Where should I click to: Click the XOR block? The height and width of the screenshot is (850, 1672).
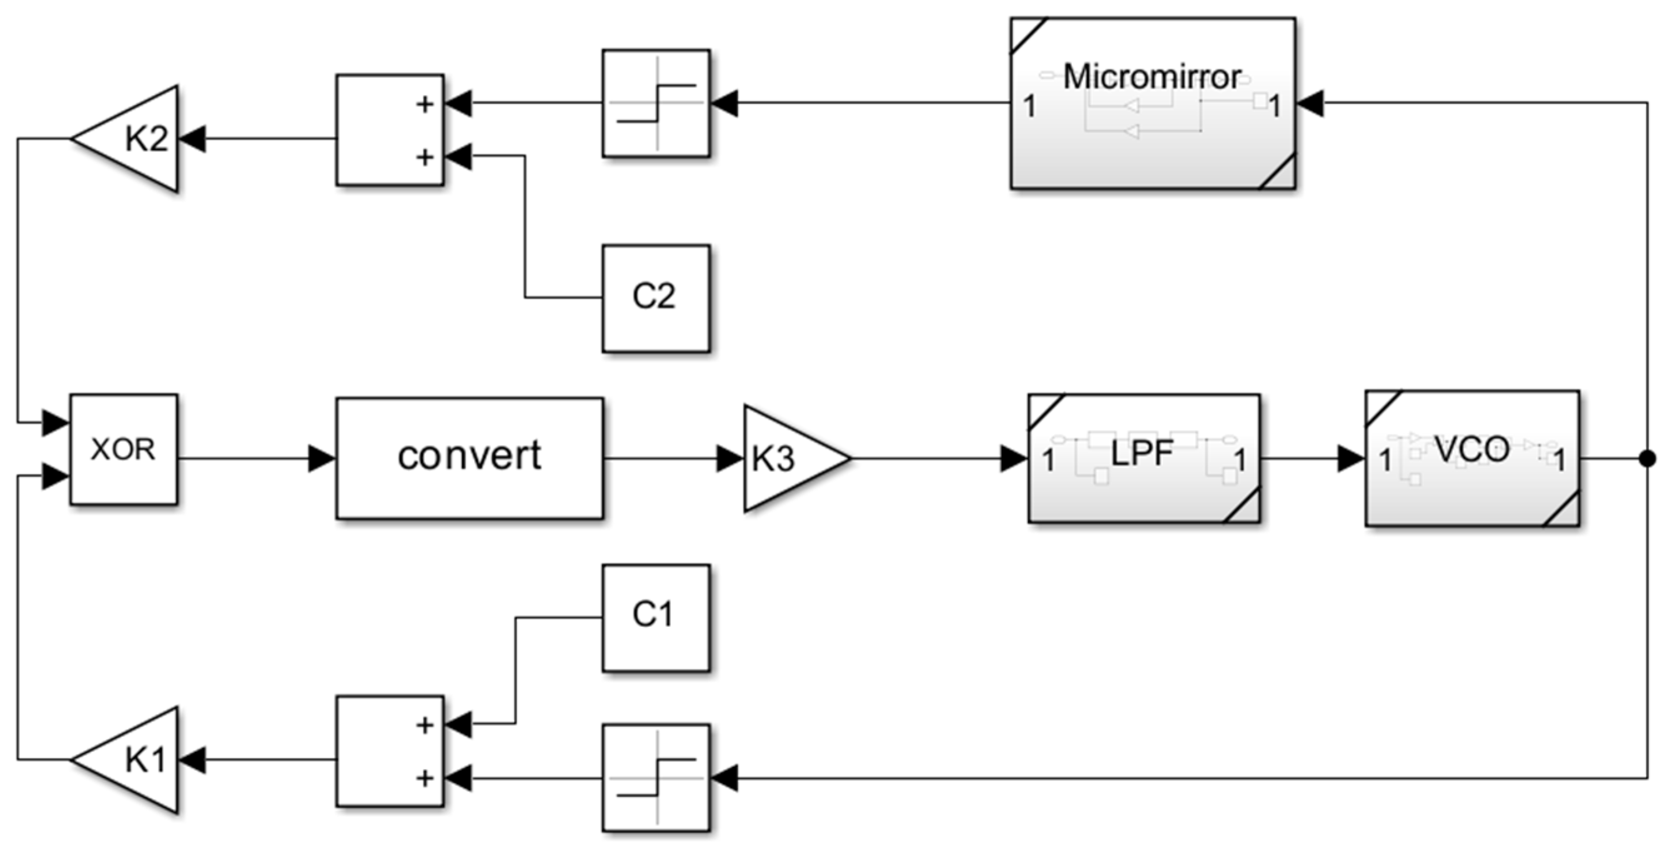click(x=123, y=449)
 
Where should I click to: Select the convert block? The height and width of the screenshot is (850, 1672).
click(x=469, y=457)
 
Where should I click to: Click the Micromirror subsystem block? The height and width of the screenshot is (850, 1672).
click(x=1153, y=104)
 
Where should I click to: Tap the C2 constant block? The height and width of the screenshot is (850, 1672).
click(x=656, y=298)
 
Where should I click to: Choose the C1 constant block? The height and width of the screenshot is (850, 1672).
click(x=656, y=617)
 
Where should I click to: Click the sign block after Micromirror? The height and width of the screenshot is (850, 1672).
click(x=656, y=102)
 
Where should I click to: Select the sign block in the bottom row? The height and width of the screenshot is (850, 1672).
click(x=656, y=777)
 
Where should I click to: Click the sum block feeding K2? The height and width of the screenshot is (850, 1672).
click(x=390, y=130)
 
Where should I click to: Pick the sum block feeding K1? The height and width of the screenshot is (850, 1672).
click(x=390, y=751)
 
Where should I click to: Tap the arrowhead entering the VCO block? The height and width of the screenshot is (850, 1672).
click(x=1352, y=459)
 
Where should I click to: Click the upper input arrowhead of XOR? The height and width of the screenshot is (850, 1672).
click(x=56, y=422)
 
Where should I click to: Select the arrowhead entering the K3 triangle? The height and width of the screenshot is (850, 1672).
click(x=730, y=459)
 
